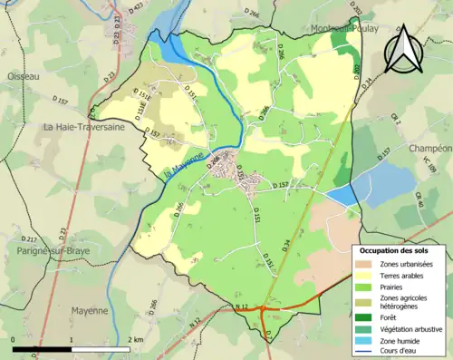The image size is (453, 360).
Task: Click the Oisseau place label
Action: pos(23,77)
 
